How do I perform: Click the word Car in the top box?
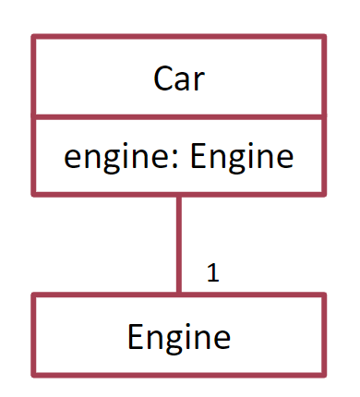point(179,79)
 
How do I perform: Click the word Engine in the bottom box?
point(179,336)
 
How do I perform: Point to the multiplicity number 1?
point(212,273)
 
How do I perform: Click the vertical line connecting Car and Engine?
point(179,245)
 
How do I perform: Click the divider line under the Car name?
point(179,117)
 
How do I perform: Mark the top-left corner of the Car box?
point(34,37)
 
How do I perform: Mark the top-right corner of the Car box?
point(324,37)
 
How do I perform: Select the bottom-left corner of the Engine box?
point(34,374)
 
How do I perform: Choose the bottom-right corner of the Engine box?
point(324,374)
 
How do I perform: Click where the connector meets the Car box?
point(179,195)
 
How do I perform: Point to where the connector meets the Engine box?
point(179,295)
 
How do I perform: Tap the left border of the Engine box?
point(34,335)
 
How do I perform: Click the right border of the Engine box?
point(324,335)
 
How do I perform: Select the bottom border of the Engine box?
point(179,374)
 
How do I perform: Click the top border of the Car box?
point(179,37)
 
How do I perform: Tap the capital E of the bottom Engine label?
point(135,336)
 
